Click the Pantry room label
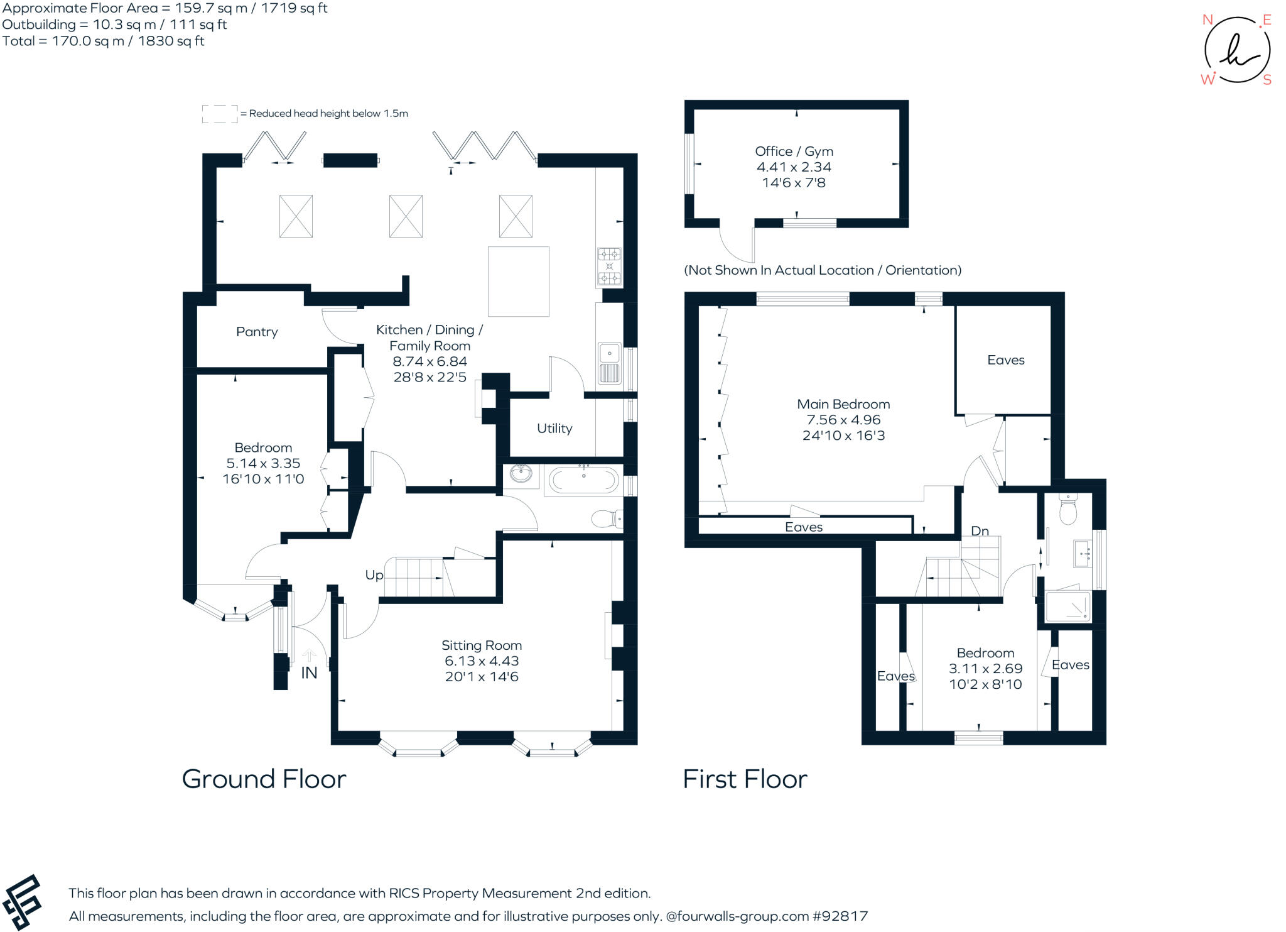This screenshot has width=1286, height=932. [x=257, y=332]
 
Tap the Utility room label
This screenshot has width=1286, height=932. [x=554, y=429]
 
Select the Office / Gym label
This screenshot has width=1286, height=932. [x=794, y=151]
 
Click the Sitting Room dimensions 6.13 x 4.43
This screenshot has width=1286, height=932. [x=482, y=661]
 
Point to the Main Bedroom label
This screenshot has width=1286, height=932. [x=843, y=404]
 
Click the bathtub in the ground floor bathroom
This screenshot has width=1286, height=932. [x=583, y=481]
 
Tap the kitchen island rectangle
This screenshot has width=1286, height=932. [x=518, y=281]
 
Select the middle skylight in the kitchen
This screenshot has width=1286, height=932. [x=406, y=216]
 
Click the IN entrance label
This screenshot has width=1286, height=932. [x=309, y=673]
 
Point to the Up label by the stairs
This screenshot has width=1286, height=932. [x=374, y=575]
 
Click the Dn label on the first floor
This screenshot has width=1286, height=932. [x=980, y=531]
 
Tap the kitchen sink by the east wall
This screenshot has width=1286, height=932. [x=609, y=364]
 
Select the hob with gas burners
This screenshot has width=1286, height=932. [x=609, y=266]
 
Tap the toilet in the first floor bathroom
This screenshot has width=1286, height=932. [x=1067, y=510]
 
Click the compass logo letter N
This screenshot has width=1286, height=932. [x=1207, y=20]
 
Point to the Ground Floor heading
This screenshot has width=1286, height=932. [x=264, y=779]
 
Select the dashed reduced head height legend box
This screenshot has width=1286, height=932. [x=220, y=114]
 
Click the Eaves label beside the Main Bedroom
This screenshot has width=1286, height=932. [x=1005, y=360]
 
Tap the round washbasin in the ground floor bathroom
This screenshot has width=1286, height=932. [x=521, y=474]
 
